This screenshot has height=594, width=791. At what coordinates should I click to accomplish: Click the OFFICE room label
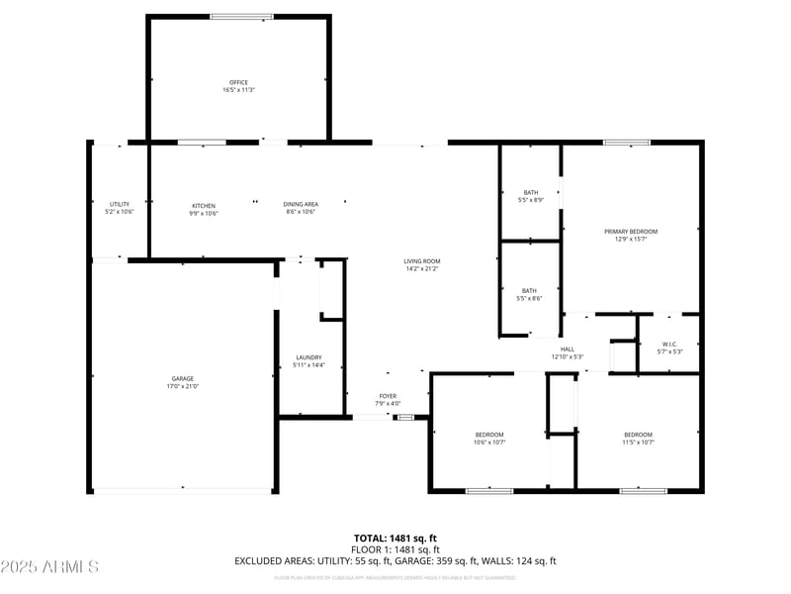coord(237,82)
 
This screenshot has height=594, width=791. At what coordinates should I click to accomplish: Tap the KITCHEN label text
coord(204,205)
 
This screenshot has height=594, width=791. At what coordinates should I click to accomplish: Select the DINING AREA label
coord(301,205)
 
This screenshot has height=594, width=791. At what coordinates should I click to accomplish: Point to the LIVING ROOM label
coord(421,260)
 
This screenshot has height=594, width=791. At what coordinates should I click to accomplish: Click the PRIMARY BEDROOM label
coord(631,231)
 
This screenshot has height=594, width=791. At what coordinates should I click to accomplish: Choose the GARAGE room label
coord(182,378)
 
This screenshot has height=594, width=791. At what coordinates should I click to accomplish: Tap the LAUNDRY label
coord(308,357)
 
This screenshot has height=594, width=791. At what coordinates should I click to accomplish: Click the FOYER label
coord(388,395)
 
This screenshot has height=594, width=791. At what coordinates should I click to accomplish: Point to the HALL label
coord(568,348)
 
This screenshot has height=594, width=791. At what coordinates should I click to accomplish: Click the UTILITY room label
coord(119,204)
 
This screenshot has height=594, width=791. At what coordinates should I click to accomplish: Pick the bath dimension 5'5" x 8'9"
coord(531,200)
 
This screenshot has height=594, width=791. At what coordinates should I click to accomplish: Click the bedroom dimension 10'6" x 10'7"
coord(489,443)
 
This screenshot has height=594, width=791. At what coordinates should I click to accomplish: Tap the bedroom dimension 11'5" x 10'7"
coord(638,443)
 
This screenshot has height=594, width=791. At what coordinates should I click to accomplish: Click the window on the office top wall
coord(241,16)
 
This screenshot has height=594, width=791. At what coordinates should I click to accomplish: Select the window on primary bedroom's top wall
coord(627,143)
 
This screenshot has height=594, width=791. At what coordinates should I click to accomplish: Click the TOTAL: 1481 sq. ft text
coord(395,538)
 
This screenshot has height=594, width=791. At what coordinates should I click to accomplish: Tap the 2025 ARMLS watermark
coord(49,567)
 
